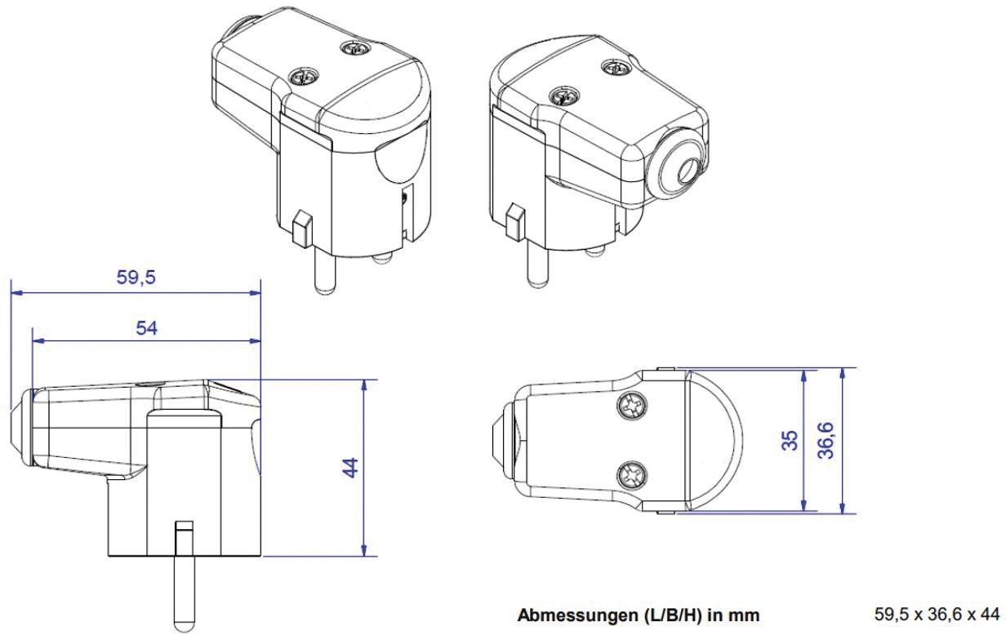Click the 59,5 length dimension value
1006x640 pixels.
click(136, 276)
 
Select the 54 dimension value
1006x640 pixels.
click(145, 327)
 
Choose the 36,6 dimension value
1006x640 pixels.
click(827, 440)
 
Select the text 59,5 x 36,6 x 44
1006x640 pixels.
click(935, 614)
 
